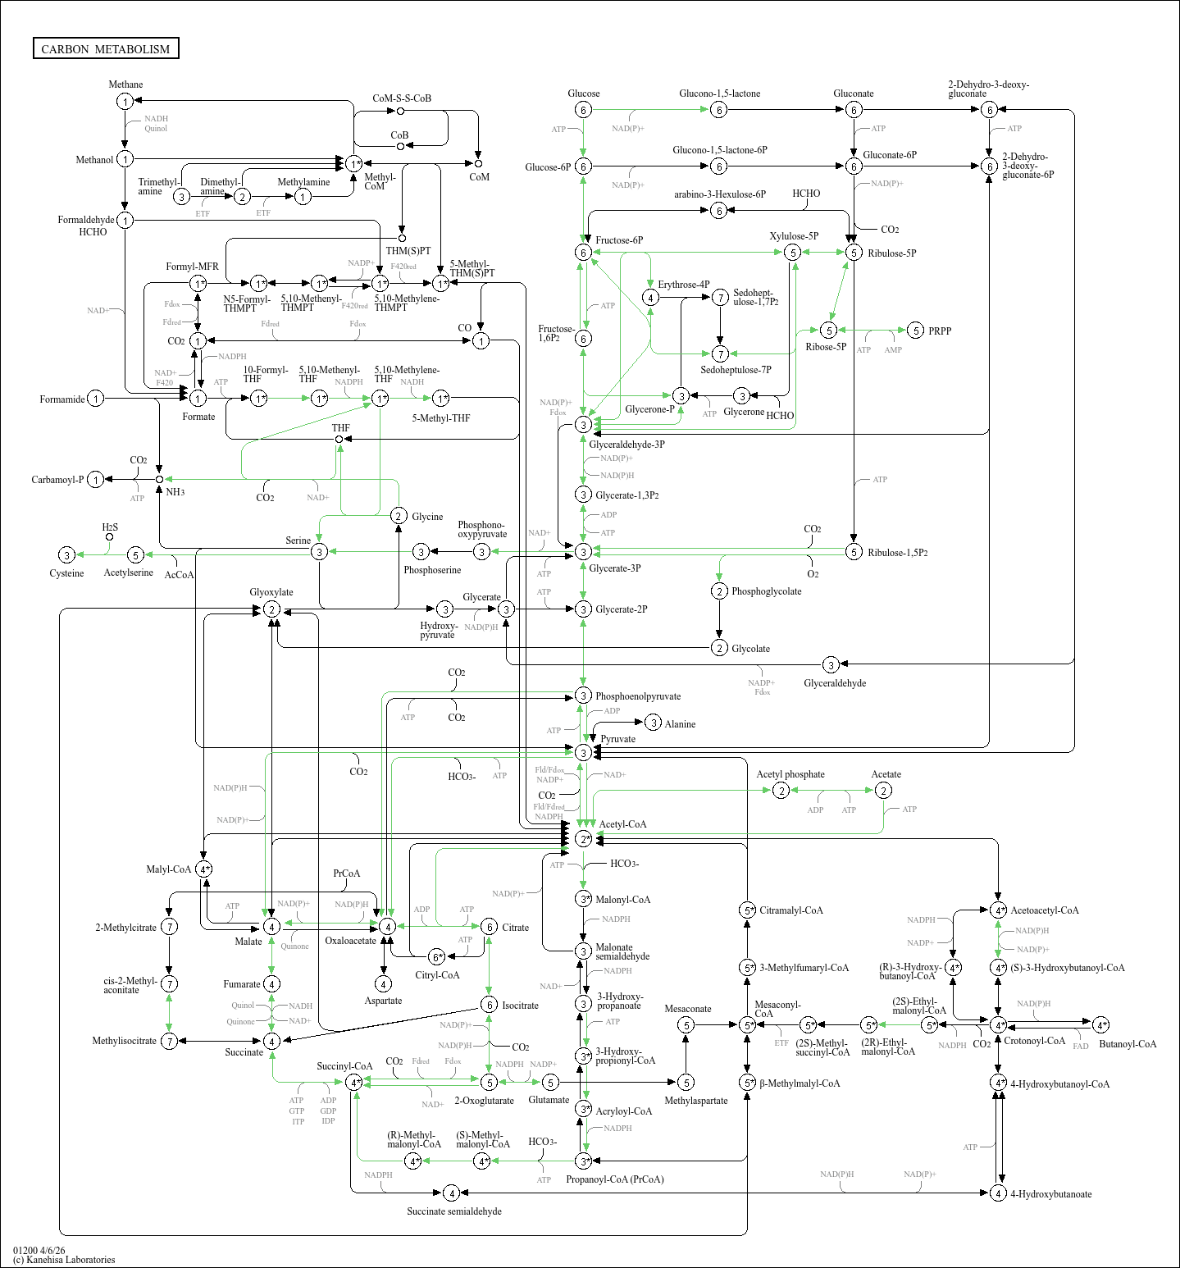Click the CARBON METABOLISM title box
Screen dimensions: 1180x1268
click(x=106, y=48)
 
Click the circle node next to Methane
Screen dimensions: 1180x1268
click(x=125, y=102)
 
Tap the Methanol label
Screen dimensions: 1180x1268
click(x=94, y=160)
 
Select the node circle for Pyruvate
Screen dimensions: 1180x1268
click(x=583, y=752)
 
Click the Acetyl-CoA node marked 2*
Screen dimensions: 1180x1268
click(x=583, y=838)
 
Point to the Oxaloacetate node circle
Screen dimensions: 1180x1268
click(x=387, y=926)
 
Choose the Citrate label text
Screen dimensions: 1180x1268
click(x=516, y=928)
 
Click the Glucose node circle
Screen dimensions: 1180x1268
click(x=583, y=110)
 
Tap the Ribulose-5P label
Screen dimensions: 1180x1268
click(x=892, y=253)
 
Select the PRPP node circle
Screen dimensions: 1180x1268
click(x=916, y=331)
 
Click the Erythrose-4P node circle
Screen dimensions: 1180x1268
click(x=650, y=297)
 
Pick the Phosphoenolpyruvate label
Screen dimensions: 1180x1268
click(x=638, y=696)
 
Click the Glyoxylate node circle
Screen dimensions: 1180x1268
click(x=271, y=609)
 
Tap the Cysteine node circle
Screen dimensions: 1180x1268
click(x=67, y=555)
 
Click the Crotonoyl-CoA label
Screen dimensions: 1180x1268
click(x=1035, y=1041)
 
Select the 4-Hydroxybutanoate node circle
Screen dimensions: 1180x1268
click(x=998, y=1193)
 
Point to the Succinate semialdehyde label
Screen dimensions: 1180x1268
click(x=454, y=1211)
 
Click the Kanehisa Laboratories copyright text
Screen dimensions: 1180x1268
click(x=64, y=1260)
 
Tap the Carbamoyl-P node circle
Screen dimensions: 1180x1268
click(x=96, y=480)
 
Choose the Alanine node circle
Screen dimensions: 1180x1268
click(x=653, y=723)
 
